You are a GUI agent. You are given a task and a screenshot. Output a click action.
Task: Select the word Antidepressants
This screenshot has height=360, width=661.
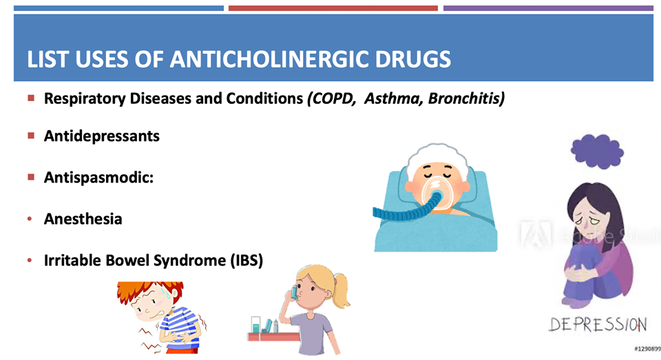pos(102,136)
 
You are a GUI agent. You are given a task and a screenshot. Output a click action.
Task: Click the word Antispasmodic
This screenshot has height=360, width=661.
pos(97,177)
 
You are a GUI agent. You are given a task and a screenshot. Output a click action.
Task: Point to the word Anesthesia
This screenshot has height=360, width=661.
pos(83,219)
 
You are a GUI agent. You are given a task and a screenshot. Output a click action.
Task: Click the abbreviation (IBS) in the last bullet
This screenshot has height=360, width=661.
pos(246,260)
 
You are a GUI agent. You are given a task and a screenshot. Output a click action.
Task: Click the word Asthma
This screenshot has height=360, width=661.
pos(393,98)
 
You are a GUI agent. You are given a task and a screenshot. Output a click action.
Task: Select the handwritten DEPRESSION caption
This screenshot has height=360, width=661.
pos(598,325)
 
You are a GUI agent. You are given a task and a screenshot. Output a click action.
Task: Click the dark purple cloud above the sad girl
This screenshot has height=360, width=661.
pos(598,151)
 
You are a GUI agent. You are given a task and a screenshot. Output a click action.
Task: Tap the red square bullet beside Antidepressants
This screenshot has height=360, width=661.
pos(31,136)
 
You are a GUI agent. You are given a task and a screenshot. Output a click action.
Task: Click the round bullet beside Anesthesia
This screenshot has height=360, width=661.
pos(30,219)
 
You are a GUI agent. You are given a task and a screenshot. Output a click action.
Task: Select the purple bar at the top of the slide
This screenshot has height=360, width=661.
pos(548,8)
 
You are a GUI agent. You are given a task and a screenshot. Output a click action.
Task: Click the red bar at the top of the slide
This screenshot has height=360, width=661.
pos(333,8)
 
